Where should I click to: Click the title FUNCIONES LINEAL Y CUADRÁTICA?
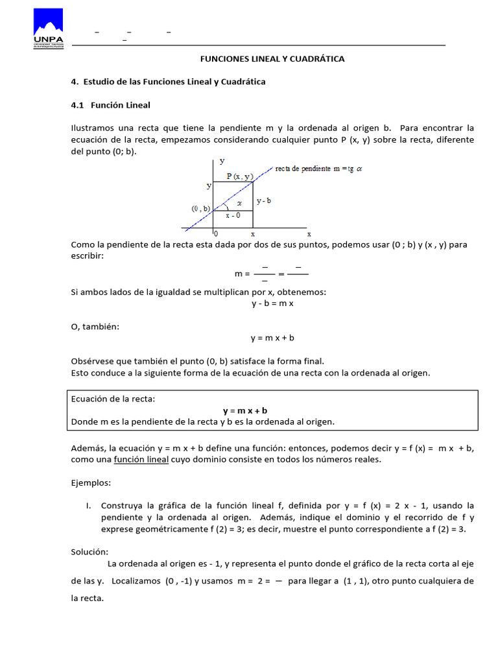coord(272,59)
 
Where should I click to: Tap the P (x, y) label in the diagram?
coord(239,176)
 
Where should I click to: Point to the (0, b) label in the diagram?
coord(200,208)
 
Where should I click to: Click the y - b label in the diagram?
coord(264,201)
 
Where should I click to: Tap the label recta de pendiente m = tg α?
coord(318,169)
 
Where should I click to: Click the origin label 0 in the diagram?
coord(216,233)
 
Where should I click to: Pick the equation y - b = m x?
coord(272,303)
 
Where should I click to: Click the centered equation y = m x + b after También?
coord(272,338)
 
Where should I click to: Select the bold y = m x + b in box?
coord(245,410)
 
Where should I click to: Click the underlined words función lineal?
coord(141,460)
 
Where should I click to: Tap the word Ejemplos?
coord(91,483)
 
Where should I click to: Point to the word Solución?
coord(89,552)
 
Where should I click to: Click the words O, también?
coord(95,326)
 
